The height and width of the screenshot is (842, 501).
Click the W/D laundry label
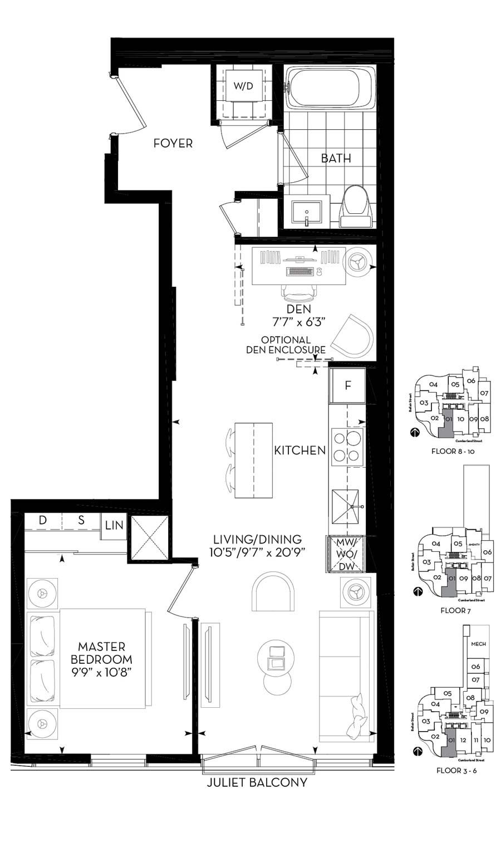click(x=243, y=86)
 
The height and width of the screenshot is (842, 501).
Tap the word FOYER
click(x=173, y=143)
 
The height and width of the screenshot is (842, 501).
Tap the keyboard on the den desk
click(x=298, y=271)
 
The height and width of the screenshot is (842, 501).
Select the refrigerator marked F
click(x=348, y=385)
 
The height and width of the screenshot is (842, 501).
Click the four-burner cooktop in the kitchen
click(x=348, y=447)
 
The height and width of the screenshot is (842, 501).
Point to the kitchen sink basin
click(x=345, y=507)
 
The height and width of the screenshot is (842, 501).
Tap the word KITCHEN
click(x=299, y=450)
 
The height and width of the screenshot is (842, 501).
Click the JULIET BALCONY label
click(x=257, y=782)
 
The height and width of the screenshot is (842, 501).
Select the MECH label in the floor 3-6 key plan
click(x=478, y=644)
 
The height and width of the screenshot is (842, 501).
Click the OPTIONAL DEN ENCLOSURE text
click(x=286, y=345)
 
